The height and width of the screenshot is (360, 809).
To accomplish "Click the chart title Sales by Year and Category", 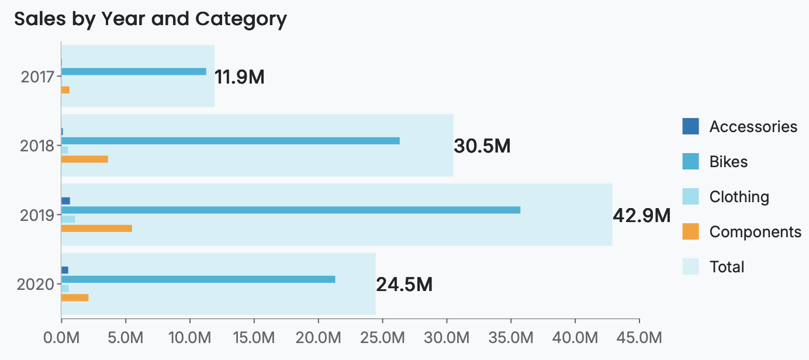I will (x=150, y=19).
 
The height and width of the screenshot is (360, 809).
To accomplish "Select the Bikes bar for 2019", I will (x=291, y=210).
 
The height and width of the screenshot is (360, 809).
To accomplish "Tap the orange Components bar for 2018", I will (x=85, y=159).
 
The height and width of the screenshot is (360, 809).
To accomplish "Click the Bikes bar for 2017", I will (x=133, y=71).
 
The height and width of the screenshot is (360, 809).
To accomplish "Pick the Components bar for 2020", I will (x=75, y=297).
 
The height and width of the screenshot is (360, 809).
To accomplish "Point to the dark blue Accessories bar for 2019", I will (x=65, y=200).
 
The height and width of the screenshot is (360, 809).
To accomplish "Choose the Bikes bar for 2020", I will (x=198, y=279).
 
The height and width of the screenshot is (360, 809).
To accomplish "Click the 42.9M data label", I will (x=641, y=216).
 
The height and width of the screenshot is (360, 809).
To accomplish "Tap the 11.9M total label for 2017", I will (x=240, y=77).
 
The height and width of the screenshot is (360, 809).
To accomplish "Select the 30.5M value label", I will (x=482, y=147).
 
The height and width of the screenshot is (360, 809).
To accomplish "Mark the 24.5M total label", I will (x=404, y=285).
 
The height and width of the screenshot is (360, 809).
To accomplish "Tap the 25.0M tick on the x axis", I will (x=382, y=338).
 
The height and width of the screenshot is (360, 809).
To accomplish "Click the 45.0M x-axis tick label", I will (x=639, y=338).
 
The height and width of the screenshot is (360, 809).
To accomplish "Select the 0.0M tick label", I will (x=61, y=338).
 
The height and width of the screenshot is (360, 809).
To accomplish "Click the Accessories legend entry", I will (x=753, y=126).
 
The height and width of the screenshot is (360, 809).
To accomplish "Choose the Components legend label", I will (x=755, y=232).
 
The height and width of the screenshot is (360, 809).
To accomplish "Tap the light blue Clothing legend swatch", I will (x=690, y=196).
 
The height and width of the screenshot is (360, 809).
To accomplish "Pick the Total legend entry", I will (x=727, y=267).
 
